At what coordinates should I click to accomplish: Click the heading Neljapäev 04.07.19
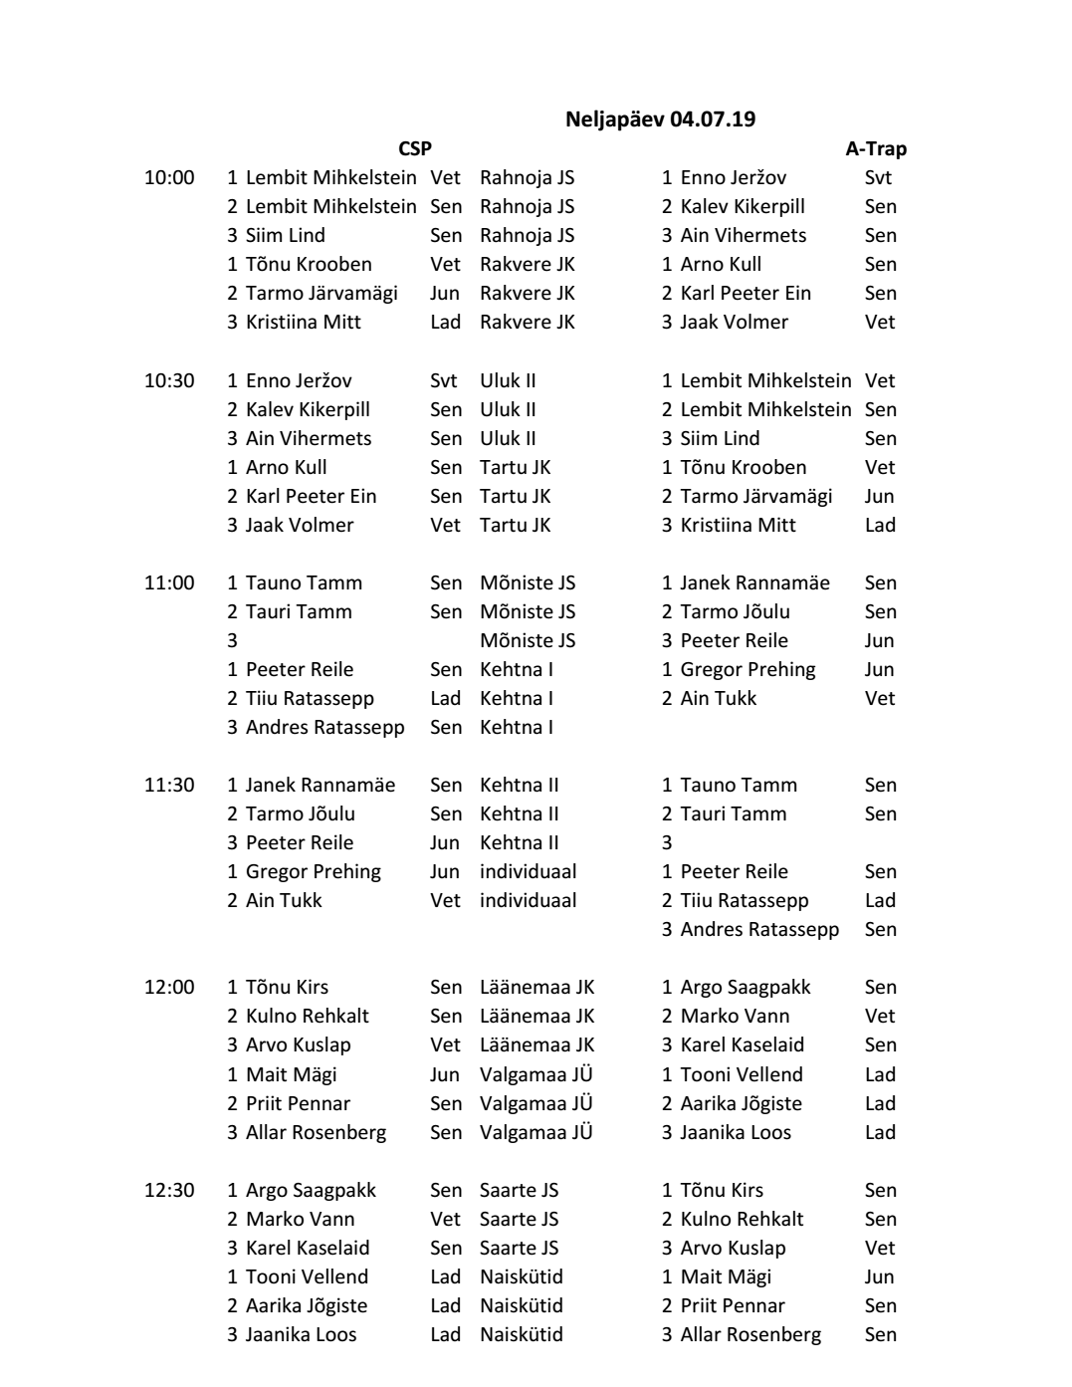(x=660, y=119)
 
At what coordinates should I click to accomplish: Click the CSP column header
(x=415, y=148)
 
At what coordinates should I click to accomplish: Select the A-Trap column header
(x=876, y=148)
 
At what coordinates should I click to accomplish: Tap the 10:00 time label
(x=169, y=177)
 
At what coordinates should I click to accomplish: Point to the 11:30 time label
(x=169, y=785)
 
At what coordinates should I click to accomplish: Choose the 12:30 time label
(x=169, y=1190)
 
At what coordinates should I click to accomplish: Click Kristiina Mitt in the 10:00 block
(x=303, y=322)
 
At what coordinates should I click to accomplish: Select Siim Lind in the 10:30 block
(x=720, y=438)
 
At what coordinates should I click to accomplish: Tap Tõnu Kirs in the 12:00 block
(x=287, y=987)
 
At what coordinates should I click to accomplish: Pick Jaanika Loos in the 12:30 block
(x=301, y=1334)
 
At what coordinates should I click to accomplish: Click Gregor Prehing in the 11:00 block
(x=748, y=669)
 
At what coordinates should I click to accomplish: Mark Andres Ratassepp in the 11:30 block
(x=759, y=929)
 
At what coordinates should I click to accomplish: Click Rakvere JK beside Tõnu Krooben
(x=528, y=264)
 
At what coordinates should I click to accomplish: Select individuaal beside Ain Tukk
(x=528, y=900)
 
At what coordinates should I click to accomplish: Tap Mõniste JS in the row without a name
(x=528, y=640)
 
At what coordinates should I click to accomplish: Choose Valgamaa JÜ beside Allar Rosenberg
(x=536, y=1132)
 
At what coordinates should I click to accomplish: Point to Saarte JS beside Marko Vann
(x=519, y=1219)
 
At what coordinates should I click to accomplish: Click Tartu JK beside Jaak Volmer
(x=515, y=525)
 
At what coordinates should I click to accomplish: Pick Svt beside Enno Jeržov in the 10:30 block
(x=444, y=380)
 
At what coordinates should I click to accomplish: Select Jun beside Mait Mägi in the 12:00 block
(x=444, y=1074)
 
